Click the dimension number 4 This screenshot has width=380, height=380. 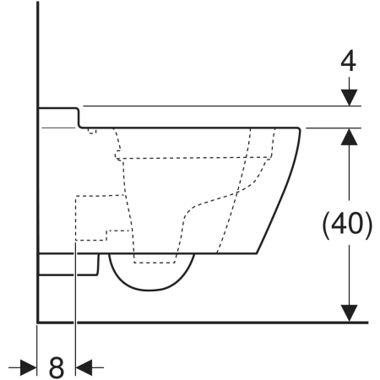348,62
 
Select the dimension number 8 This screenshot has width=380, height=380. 57,367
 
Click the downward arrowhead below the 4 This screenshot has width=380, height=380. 349,97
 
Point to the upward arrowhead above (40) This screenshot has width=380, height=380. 349,137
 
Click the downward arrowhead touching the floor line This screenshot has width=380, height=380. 349,313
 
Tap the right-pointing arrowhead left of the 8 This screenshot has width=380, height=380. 28,367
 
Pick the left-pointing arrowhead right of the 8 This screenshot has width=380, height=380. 84,367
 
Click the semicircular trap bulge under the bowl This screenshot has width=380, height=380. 151,288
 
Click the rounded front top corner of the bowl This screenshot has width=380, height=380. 299,129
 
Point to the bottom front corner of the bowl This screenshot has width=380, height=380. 257,253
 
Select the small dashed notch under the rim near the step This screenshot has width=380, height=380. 92,131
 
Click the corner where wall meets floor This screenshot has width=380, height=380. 38,323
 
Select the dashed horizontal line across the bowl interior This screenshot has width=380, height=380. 194,158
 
